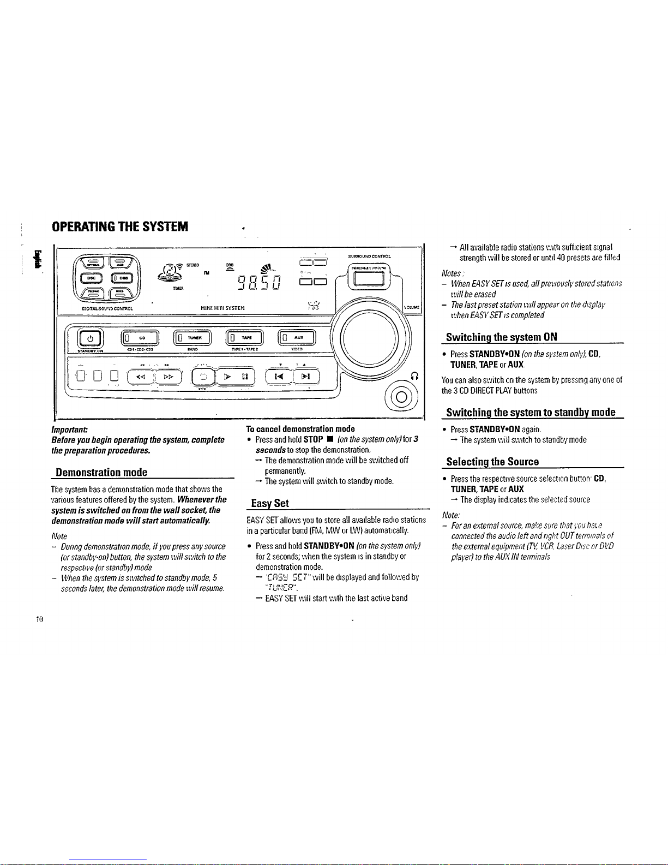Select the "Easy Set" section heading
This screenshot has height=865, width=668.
tap(269, 503)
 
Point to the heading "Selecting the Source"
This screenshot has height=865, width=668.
tap(492, 462)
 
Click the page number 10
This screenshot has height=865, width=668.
tap(40, 619)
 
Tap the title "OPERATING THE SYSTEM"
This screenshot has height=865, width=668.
tap(119, 226)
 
